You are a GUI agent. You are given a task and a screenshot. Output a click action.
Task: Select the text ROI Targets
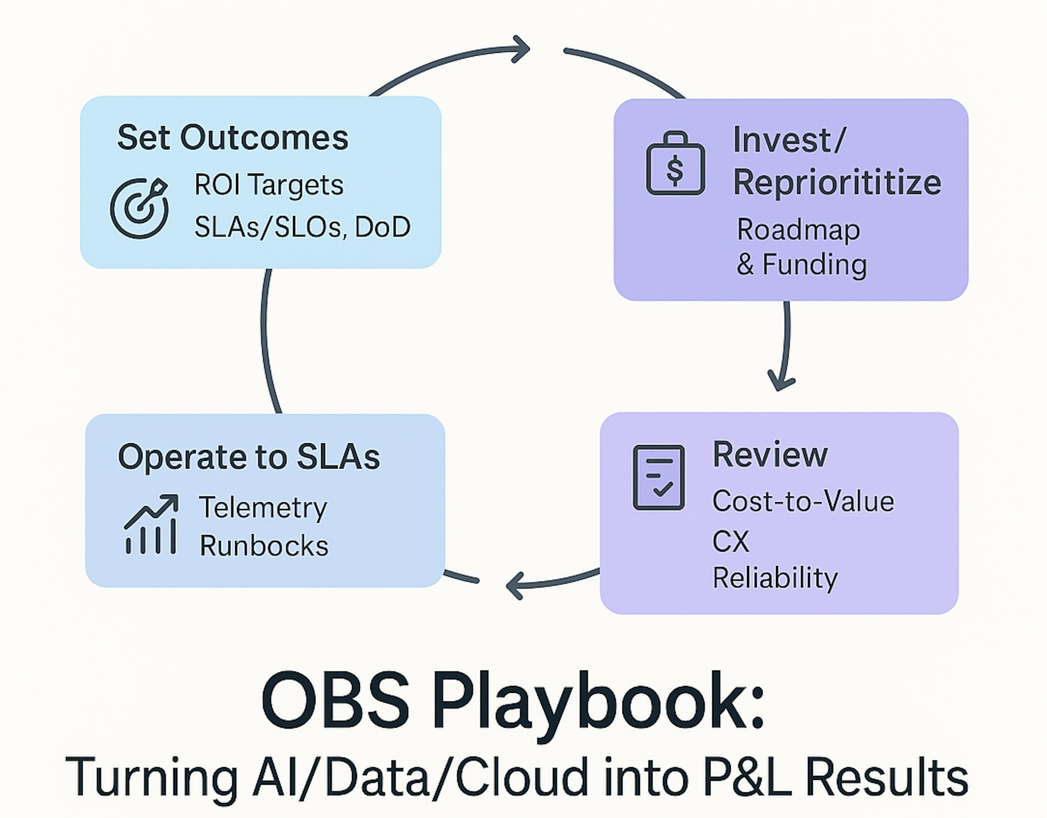coord(269,185)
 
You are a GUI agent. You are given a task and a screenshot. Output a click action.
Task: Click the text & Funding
coord(802,265)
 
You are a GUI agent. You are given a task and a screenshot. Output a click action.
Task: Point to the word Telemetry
coord(263,508)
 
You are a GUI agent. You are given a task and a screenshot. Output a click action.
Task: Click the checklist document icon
coord(659,477)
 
